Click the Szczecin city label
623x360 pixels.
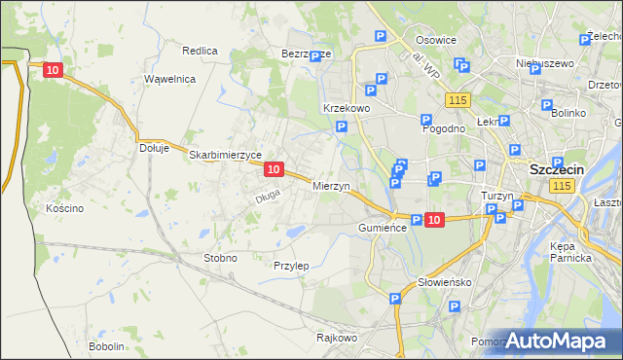click(556, 168)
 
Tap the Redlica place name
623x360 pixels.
click(200, 50)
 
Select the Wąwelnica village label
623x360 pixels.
click(169, 79)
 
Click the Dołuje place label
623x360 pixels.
click(154, 148)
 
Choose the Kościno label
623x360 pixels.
click(64, 208)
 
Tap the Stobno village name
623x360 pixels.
click(220, 258)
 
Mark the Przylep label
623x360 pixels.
click(291, 265)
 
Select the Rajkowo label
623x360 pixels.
click(337, 338)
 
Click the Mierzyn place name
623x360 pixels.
click(331, 185)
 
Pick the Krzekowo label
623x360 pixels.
click(346, 108)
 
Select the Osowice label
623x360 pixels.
click(436, 40)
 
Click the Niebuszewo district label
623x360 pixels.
click(542, 62)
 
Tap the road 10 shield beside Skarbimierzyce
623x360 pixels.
click(274, 169)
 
